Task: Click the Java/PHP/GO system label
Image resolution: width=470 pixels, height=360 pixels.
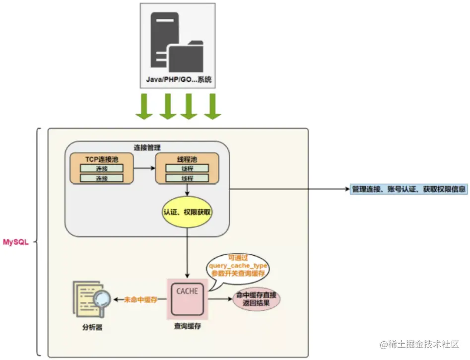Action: tap(178, 79)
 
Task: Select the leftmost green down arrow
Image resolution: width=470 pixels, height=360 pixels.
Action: tap(144, 106)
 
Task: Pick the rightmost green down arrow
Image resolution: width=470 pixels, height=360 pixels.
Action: tap(212, 106)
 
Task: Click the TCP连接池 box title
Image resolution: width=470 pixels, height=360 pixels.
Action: tap(102, 159)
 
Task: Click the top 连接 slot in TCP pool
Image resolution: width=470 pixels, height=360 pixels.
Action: tap(102, 168)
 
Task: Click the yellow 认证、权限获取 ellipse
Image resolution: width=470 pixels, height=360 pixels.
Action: tap(187, 212)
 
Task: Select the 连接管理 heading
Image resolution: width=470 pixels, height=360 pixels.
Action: tap(147, 147)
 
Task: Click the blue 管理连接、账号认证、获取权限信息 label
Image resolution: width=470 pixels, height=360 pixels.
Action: tap(408, 189)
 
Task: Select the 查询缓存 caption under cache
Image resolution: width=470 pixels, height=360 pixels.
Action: tap(187, 326)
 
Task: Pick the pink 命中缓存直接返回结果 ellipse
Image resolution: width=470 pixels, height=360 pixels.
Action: tap(257, 299)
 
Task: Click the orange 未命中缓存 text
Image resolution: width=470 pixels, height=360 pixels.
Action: tap(141, 299)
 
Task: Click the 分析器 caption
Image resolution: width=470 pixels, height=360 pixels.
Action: tap(91, 328)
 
